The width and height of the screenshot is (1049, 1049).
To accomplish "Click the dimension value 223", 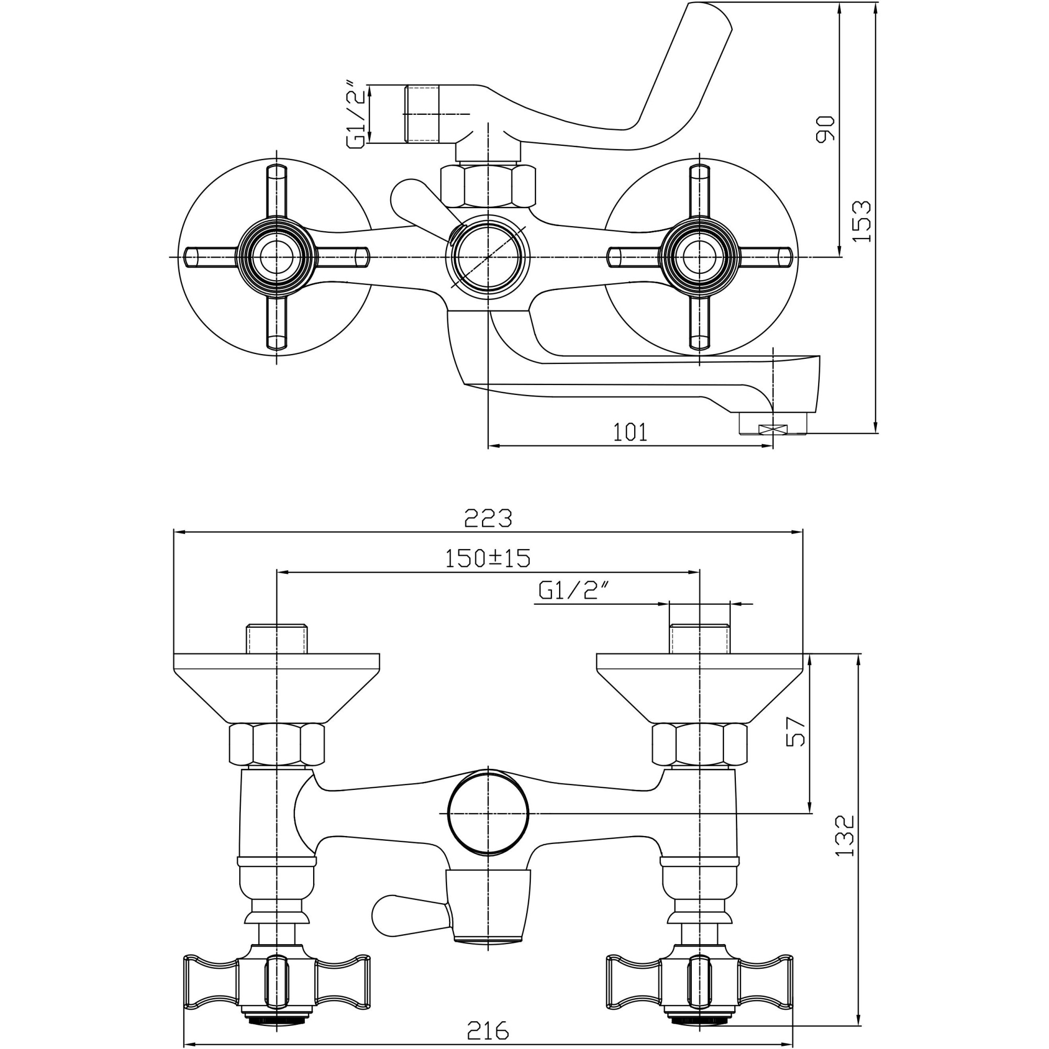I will click(x=488, y=519).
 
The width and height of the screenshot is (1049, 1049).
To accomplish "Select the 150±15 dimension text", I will click(x=487, y=558).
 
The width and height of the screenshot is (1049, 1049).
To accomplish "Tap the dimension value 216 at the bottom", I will click(x=488, y=1030).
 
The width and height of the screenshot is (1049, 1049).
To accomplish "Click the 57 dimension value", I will click(x=796, y=731).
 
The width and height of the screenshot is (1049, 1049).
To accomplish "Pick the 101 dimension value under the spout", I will click(x=630, y=433).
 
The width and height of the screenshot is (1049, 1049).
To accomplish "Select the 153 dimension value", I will click(x=861, y=221).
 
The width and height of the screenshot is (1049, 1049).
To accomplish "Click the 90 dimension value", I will click(x=825, y=129).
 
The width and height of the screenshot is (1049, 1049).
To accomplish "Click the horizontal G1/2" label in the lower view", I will click(x=574, y=590).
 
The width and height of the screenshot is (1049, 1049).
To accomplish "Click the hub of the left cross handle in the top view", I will click(x=276, y=257).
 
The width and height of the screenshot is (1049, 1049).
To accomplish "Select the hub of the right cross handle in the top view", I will click(x=699, y=257).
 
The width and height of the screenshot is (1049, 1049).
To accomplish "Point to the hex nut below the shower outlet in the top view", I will click(x=488, y=186).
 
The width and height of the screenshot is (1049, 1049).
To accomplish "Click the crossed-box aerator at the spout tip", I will click(x=774, y=430).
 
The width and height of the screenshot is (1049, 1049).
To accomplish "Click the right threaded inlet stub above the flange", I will click(x=699, y=639).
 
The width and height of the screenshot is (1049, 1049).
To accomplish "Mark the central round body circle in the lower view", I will click(x=488, y=813).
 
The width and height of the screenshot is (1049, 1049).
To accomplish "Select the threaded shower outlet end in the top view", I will click(x=422, y=114).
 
